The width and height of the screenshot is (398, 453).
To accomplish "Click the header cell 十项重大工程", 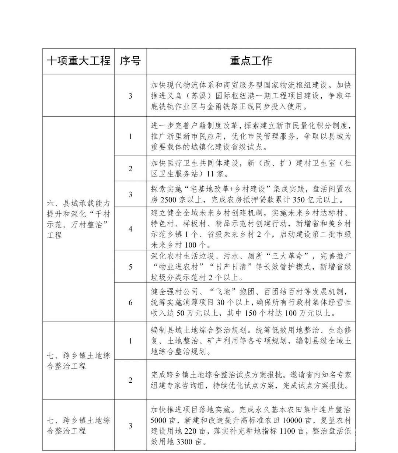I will [78, 61].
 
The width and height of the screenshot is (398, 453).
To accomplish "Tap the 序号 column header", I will [130, 61].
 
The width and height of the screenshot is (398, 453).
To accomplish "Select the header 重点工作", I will [251, 61].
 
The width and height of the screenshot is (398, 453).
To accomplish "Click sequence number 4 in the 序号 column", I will [130, 229].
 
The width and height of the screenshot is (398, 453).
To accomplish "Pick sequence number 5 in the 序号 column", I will [130, 267].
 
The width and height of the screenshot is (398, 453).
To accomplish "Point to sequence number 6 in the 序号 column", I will [130, 302].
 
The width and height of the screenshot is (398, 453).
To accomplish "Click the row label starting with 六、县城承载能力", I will [78, 219].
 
